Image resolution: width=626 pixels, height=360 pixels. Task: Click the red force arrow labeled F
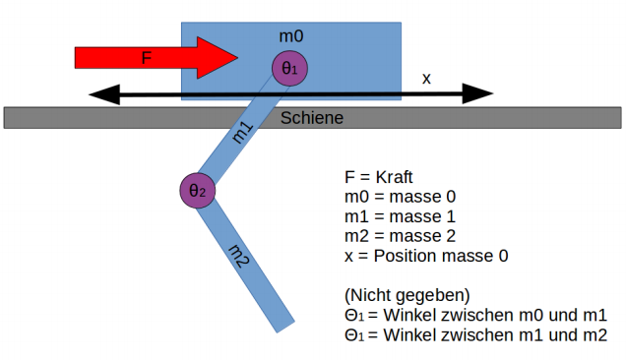[156, 58]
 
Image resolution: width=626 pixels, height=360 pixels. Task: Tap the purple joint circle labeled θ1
[289, 68]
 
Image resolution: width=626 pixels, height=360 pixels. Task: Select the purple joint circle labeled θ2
[198, 191]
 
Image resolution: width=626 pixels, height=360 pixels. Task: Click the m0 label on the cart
[291, 36]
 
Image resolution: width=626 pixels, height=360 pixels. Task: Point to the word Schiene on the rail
[312, 118]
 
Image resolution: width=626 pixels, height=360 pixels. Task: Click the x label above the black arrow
[426, 79]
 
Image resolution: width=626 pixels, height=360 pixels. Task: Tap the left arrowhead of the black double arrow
[103, 94]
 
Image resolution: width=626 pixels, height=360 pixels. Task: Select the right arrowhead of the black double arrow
[477, 93]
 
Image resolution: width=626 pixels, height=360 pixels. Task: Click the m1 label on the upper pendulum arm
[243, 133]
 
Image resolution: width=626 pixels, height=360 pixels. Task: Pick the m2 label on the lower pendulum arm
[239, 257]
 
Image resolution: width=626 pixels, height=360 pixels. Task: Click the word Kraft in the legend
[394, 177]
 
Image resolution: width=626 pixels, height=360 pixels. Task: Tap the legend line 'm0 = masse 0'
[400, 197]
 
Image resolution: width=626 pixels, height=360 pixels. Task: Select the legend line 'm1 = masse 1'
[400, 216]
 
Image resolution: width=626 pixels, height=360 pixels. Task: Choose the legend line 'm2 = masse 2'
[400, 236]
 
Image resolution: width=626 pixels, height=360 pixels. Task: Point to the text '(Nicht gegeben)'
[407, 295]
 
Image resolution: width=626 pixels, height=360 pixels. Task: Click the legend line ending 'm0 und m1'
[475, 316]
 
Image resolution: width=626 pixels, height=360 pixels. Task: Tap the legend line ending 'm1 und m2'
[475, 334]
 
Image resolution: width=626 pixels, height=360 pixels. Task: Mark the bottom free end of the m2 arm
[285, 327]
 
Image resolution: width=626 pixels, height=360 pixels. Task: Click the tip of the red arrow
[238, 58]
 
